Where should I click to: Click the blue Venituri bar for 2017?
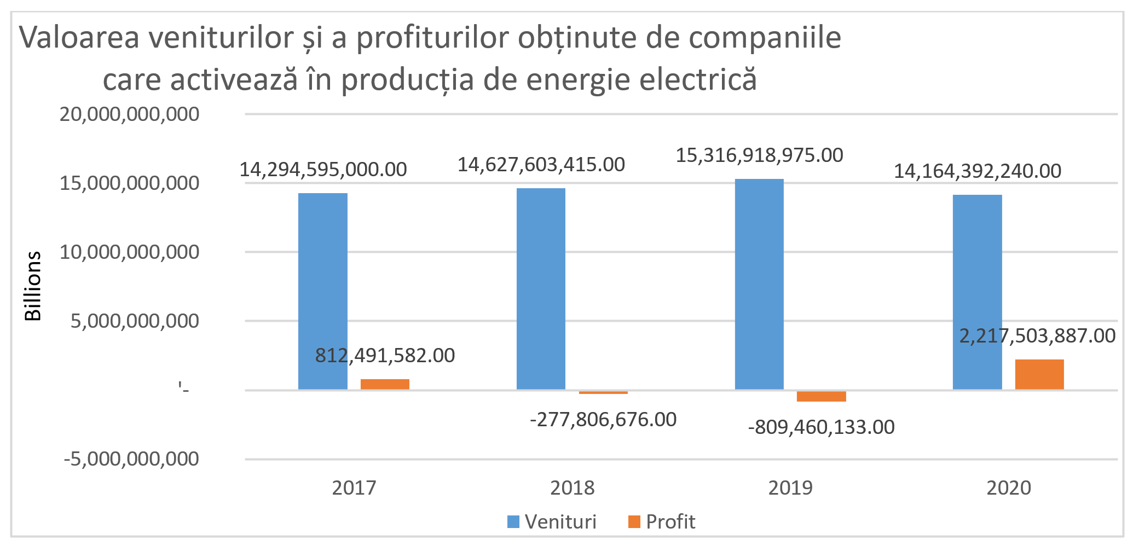322,291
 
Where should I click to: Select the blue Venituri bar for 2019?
759,284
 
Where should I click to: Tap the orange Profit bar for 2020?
1039,374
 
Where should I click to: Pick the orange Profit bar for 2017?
385,384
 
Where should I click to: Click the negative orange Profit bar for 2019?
821,396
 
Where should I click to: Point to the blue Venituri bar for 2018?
541,289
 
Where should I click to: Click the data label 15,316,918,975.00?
759,155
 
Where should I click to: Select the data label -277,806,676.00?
603,420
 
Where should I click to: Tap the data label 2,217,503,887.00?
1037,336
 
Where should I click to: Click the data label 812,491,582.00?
385,356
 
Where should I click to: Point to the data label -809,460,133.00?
821,427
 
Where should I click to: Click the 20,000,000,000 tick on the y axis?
129,114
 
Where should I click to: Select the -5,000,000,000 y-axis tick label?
131,459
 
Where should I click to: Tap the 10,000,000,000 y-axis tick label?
129,252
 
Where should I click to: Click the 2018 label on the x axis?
572,488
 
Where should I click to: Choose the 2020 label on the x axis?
1008,488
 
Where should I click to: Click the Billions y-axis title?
33,286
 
